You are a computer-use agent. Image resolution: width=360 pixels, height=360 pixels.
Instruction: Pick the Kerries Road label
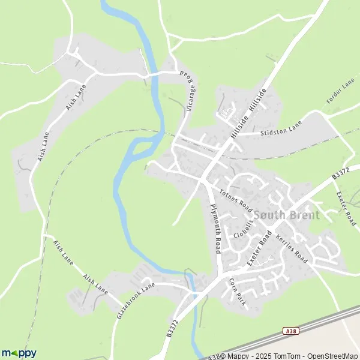point(292,249)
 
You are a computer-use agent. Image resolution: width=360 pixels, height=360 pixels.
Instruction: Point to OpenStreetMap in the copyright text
point(324,355)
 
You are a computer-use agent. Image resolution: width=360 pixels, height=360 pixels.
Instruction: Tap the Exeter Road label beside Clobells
point(259,248)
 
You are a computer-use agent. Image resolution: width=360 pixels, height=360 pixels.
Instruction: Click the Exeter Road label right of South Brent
point(347,208)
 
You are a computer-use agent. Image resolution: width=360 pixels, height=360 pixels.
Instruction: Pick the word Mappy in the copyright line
point(234,355)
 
